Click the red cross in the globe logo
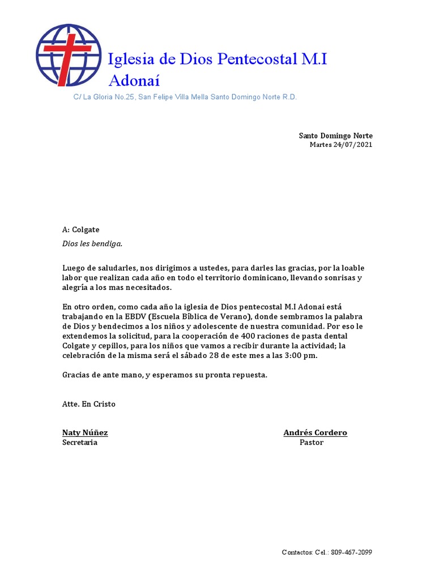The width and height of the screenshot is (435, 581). point(69,54)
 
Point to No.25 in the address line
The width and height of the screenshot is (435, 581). point(125,98)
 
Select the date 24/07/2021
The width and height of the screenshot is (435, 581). point(352,145)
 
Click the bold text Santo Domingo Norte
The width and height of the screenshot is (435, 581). point(336,136)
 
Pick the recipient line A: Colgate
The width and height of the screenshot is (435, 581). point(80,230)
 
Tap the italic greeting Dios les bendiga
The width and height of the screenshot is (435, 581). point(92,244)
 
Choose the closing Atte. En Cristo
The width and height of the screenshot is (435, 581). point(88,405)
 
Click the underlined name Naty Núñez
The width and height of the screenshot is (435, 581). point(85,433)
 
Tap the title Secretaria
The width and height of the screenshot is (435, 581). point(80,443)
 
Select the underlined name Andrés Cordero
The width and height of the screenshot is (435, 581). point(315,433)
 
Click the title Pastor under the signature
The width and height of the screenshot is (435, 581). point(312,443)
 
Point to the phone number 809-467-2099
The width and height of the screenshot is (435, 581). point(352,553)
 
